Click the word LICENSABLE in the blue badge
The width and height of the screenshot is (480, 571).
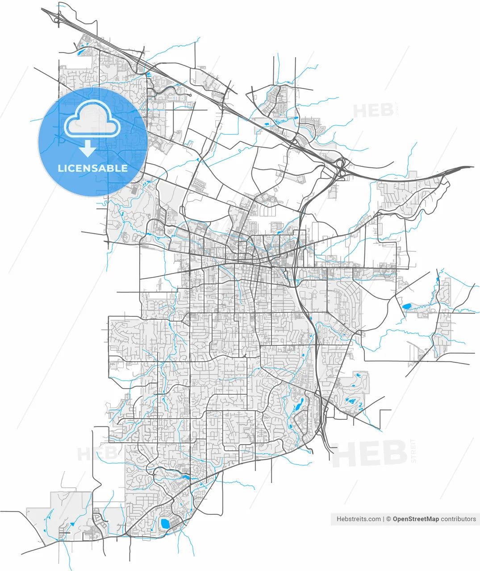tap(92, 168)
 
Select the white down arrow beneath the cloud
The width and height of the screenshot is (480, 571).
tap(88, 149)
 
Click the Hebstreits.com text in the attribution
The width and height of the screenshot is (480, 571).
tap(359, 519)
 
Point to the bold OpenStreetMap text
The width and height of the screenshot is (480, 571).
tap(416, 519)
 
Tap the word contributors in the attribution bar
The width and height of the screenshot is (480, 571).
tap(459, 519)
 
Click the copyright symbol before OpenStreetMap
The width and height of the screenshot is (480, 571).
tap(388, 519)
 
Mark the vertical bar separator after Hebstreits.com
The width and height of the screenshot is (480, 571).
tap(384, 519)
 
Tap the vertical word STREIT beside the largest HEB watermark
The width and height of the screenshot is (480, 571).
tap(413, 451)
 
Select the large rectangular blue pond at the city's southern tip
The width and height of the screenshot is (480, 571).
tap(164, 523)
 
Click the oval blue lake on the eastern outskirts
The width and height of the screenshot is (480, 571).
tap(407, 306)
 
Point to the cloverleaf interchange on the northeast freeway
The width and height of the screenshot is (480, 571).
tap(341, 169)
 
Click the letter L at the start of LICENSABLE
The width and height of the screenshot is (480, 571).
tap(60, 168)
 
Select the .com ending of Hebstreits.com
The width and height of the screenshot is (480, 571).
tap(374, 519)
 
